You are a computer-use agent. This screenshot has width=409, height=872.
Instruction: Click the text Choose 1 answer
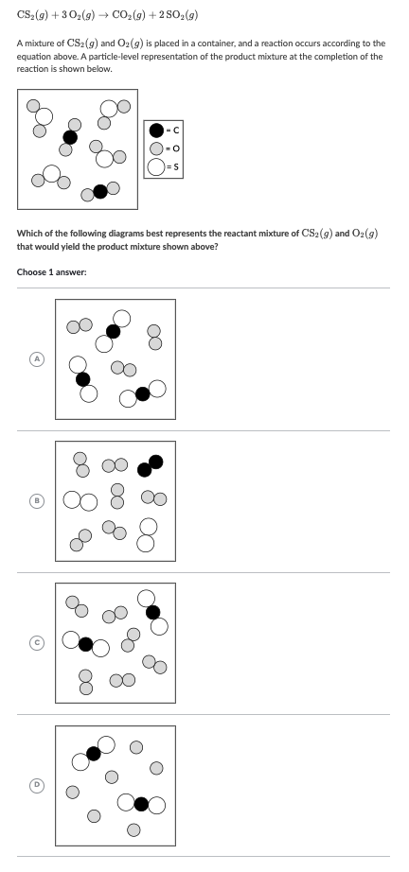(x=51, y=272)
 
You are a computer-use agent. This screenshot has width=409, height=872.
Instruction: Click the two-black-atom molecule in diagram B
(x=150, y=464)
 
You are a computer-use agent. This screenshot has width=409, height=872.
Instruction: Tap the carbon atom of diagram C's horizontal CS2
(x=86, y=644)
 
